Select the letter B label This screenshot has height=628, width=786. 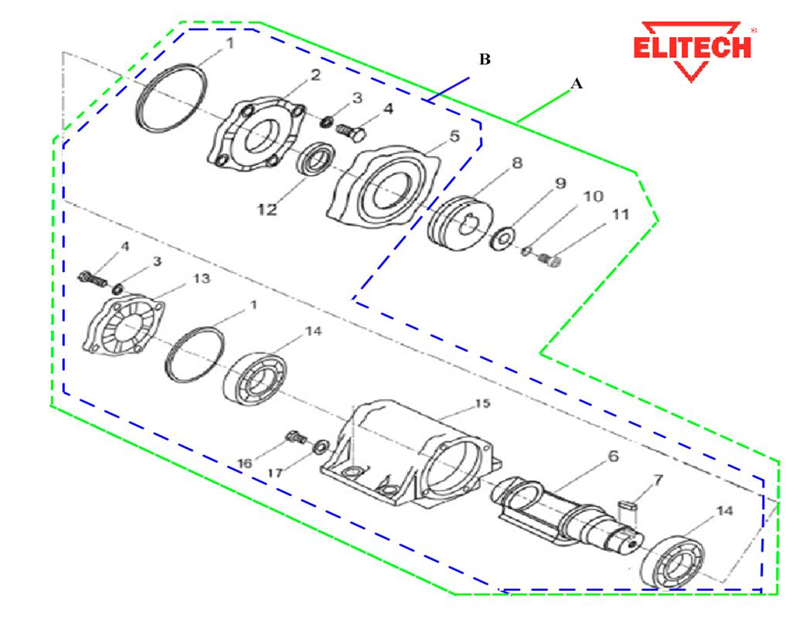(x=485, y=59)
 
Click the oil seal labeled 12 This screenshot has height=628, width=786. (x=315, y=162)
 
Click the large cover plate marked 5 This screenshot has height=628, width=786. (x=384, y=188)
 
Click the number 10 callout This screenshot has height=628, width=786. (x=592, y=197)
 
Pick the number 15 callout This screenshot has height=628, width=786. (x=481, y=403)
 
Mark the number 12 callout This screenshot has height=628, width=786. (x=267, y=209)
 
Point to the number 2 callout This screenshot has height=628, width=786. (x=315, y=74)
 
